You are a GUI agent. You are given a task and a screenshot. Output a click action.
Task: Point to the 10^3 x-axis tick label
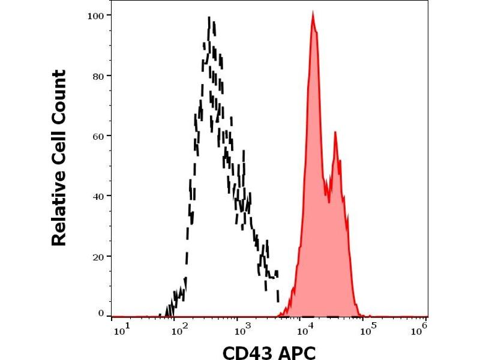tap(242, 328)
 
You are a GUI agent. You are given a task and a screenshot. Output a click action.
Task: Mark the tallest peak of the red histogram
tap(313, 14)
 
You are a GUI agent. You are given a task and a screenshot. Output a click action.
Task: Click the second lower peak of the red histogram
tap(335, 133)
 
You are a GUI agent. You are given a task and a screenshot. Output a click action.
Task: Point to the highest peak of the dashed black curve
tap(209, 18)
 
